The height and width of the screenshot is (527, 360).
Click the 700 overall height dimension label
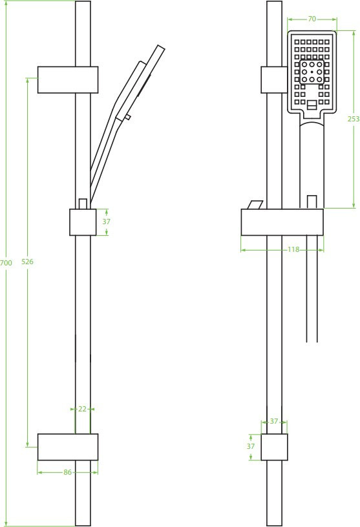click(6, 262)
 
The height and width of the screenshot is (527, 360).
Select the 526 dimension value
click(27, 262)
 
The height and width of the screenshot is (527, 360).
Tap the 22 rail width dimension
click(82, 409)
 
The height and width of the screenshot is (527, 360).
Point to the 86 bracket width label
click(68, 472)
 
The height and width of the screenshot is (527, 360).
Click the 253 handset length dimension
click(354, 119)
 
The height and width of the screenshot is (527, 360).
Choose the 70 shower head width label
click(312, 19)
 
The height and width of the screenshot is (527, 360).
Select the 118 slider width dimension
click(293, 249)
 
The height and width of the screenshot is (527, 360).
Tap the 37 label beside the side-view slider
click(106, 222)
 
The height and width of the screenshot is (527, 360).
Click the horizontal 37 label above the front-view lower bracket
click(274, 421)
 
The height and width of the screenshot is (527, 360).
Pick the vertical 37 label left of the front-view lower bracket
click(251, 446)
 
